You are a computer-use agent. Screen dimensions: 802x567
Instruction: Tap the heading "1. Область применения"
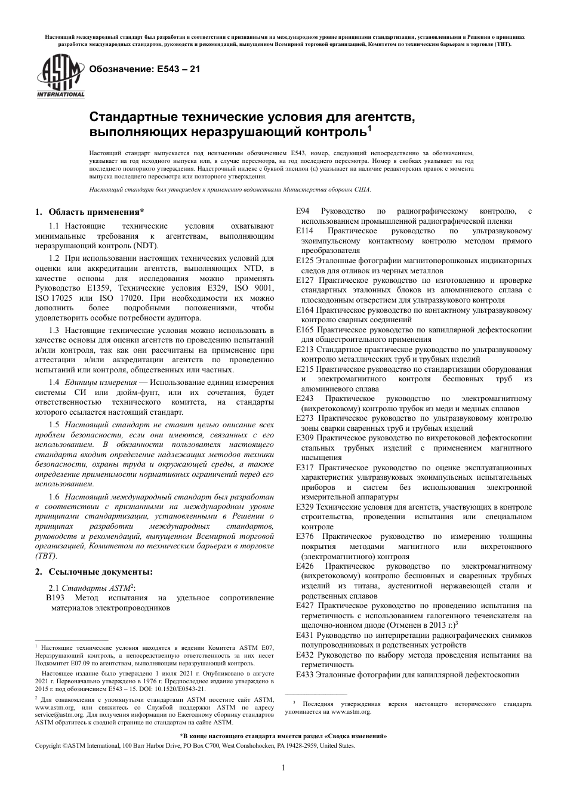click(90, 212)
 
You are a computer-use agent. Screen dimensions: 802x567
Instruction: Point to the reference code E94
click(303, 211)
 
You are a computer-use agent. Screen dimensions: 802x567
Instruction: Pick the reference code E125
click(305, 261)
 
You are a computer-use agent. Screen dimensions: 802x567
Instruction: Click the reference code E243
click(305, 399)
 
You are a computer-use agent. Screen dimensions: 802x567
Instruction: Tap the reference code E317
click(305, 467)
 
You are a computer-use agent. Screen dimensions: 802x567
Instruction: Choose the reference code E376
click(305, 536)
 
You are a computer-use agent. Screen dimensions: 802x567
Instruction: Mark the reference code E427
click(305, 606)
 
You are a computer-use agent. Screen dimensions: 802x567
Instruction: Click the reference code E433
click(305, 674)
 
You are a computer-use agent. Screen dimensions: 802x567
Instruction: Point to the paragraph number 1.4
click(54, 382)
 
